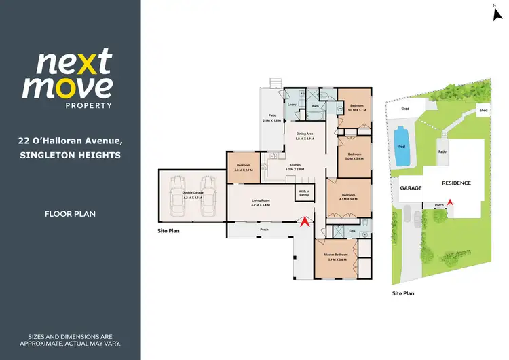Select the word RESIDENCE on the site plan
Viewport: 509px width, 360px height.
pos(456,183)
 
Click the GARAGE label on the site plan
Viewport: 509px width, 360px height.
pos(411,187)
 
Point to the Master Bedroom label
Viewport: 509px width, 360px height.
pos(337,255)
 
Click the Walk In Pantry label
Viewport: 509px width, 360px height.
pos(304,192)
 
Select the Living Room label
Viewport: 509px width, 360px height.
pos(261,201)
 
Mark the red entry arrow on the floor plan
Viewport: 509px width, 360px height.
pos(306,220)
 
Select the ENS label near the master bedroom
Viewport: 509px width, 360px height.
pos(352,231)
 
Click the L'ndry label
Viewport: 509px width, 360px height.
pos(293,105)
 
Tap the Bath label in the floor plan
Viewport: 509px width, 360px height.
pos(316,106)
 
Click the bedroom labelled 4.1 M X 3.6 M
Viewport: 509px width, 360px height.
pos(349,196)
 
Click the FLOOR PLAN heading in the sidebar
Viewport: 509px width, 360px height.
pos(70,214)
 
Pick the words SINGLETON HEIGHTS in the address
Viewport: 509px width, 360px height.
pos(70,156)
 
